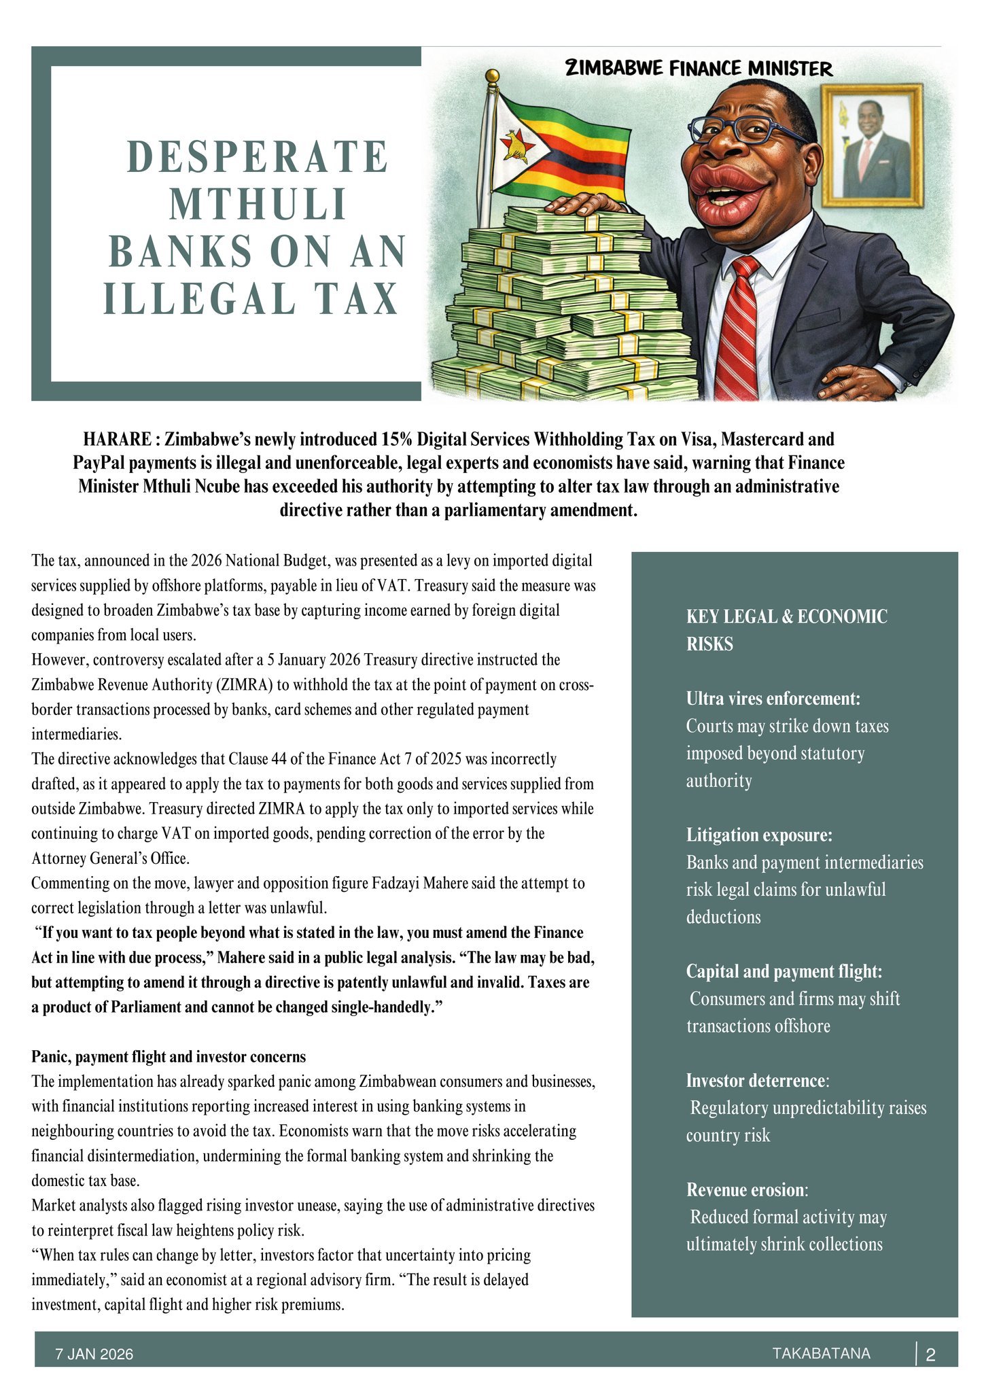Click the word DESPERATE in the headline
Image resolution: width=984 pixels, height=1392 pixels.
[x=257, y=157]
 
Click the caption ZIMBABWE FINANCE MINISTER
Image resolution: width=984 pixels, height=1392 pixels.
[x=699, y=68]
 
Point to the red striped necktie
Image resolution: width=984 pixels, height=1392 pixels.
[x=737, y=326]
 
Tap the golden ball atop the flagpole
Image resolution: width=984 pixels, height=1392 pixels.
[x=493, y=75]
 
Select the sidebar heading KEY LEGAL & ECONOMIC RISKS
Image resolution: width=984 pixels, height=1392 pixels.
[x=786, y=629]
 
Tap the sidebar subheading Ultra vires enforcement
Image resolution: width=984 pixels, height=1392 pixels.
[x=773, y=699]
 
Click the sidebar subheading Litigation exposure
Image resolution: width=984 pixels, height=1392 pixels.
[x=758, y=835]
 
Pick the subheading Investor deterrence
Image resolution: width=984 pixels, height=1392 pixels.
[x=756, y=1080]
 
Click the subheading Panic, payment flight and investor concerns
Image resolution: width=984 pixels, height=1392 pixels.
[x=169, y=1057]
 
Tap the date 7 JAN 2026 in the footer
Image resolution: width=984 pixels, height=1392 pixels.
[x=94, y=1354]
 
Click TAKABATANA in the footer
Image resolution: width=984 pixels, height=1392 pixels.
[x=821, y=1353]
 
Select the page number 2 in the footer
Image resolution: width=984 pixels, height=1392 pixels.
[x=931, y=1355]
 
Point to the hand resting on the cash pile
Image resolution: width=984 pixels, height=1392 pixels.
[x=583, y=204]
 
